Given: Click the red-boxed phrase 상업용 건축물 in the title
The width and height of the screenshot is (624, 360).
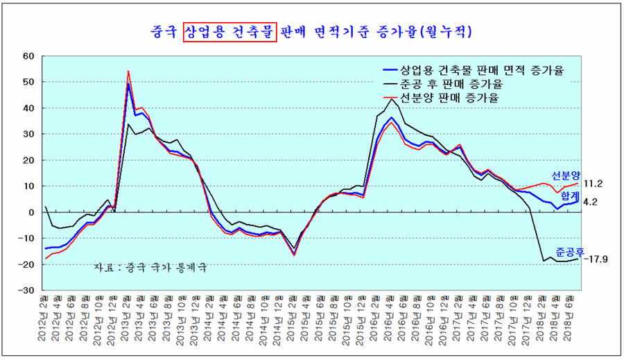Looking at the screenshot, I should tap(229, 32).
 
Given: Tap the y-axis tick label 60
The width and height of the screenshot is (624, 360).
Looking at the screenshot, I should tap(28, 56).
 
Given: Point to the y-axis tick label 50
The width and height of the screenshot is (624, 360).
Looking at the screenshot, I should tap(28, 83).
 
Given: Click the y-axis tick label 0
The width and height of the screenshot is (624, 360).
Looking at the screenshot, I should tap(31, 212).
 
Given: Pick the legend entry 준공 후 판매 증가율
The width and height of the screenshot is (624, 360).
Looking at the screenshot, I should tap(451, 84).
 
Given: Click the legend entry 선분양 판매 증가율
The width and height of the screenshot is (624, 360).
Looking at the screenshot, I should tap(451, 98).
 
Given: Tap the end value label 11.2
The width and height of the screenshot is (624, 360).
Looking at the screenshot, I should tap(593, 184).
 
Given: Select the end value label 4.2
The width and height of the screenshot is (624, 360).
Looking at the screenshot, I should tap(591, 202).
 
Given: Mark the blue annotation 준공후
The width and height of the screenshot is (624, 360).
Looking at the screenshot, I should tap(568, 250).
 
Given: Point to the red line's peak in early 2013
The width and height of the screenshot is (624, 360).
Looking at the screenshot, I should tap(128, 71).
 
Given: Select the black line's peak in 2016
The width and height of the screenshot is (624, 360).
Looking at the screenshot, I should tap(392, 98).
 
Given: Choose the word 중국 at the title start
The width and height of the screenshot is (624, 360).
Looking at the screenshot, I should tap(164, 32).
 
